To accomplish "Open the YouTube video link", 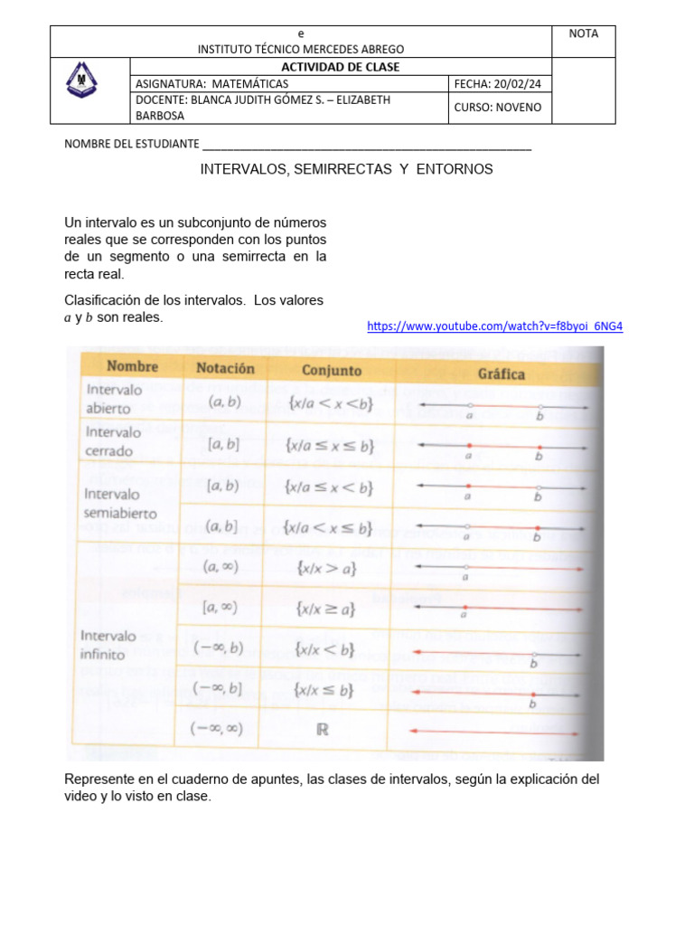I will (x=494, y=326).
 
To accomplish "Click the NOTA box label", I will (x=583, y=33).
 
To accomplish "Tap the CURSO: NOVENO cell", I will (x=498, y=107).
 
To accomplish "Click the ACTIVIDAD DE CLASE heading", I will (x=340, y=67).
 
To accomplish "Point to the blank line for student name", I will (x=367, y=145).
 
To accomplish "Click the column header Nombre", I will (x=132, y=367).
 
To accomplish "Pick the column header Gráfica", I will (x=501, y=373).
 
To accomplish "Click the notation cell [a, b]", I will (x=222, y=444).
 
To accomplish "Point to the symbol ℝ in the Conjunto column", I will (x=322, y=730).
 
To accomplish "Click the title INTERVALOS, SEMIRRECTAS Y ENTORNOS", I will (x=346, y=169).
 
